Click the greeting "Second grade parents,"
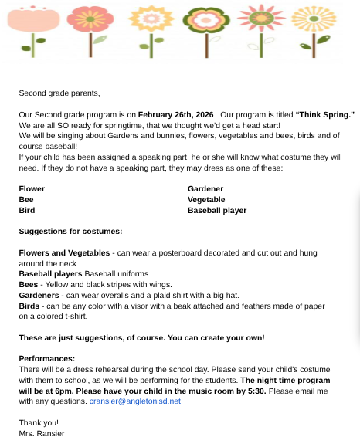tap(59, 93)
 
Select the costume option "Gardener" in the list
tap(205, 188)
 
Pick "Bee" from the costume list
tap(26, 199)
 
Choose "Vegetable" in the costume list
tap(206, 199)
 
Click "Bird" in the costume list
tap(27, 210)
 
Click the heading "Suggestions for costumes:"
tap(70, 231)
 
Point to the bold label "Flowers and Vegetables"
tap(64, 252)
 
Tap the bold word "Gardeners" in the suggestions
tap(39, 295)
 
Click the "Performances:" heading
tap(47, 358)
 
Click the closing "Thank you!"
tap(39, 422)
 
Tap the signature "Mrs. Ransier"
tap(42, 433)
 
